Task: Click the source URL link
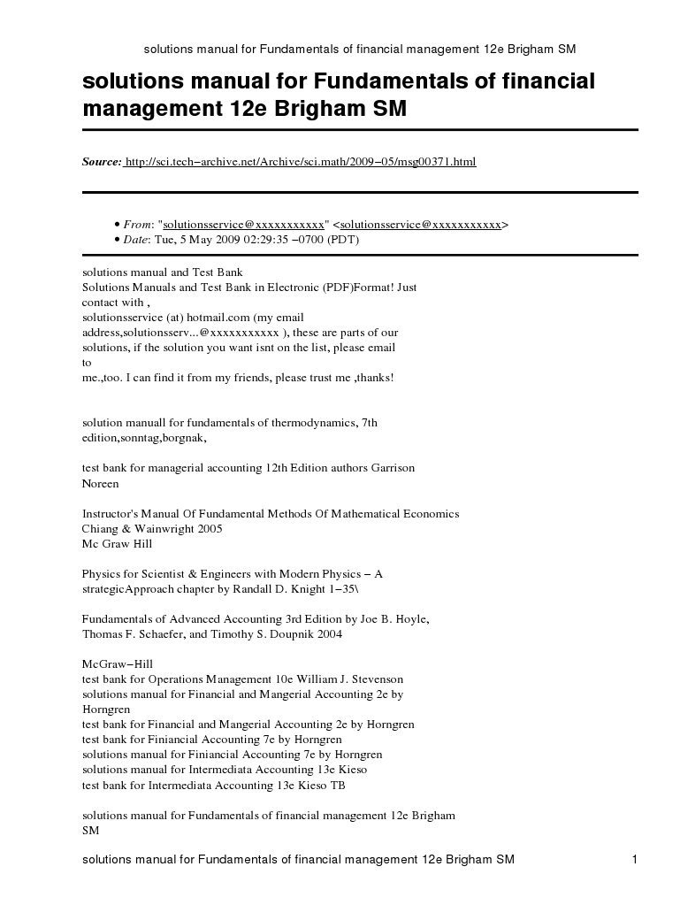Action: (x=301, y=162)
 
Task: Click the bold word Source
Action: (x=101, y=162)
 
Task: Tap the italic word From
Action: (x=138, y=225)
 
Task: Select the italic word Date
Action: (x=138, y=239)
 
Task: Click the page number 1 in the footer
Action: (x=635, y=860)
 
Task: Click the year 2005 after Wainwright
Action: (x=210, y=528)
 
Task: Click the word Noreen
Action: (x=100, y=483)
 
